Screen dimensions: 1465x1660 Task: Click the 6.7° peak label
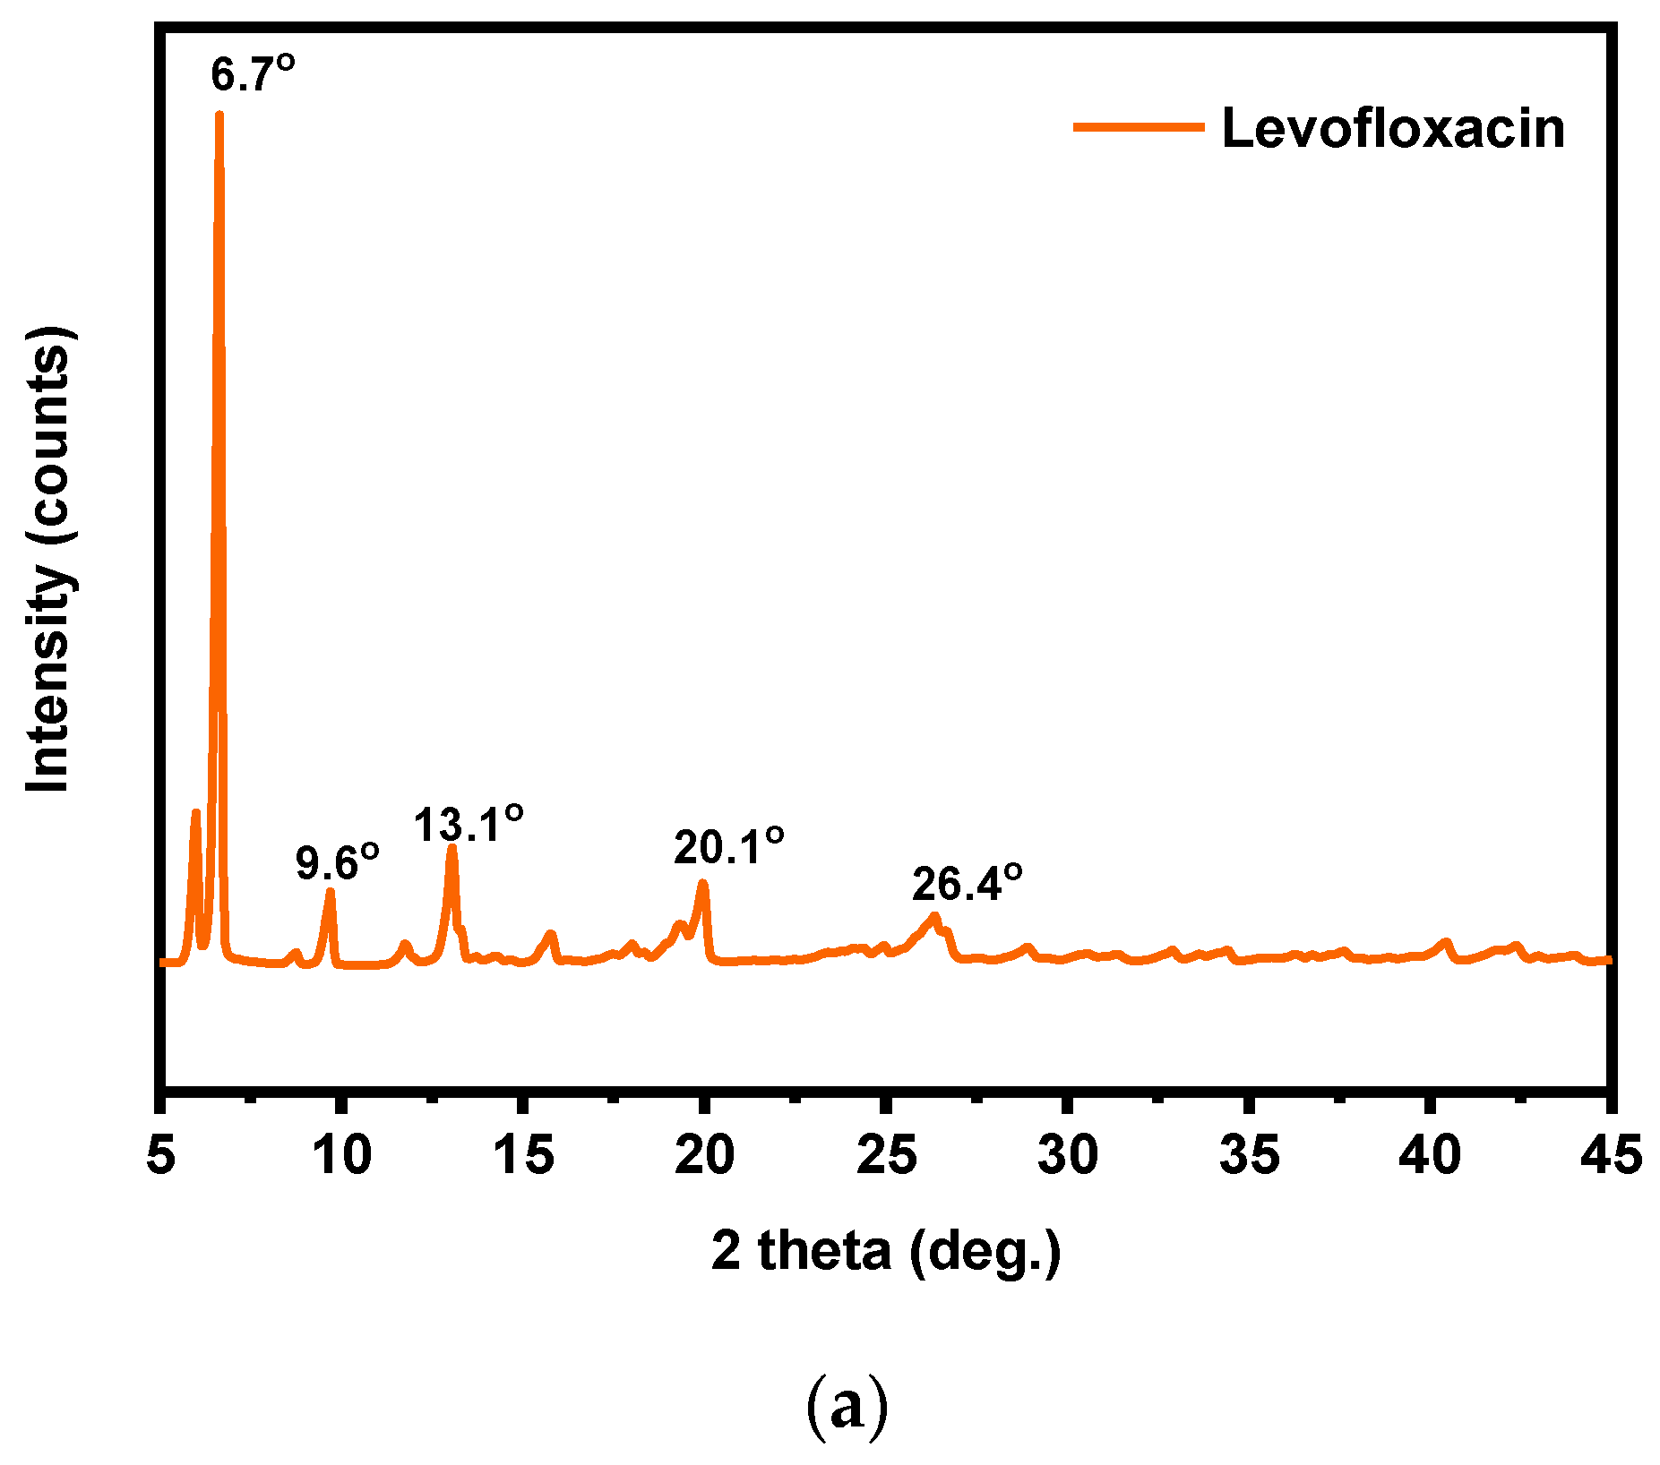click(253, 74)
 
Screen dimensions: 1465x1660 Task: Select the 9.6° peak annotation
click(338, 863)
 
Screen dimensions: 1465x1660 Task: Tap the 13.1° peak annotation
click(469, 824)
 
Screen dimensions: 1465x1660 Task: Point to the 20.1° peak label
click(729, 847)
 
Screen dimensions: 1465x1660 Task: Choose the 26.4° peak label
click(968, 885)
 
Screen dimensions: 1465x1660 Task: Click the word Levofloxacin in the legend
click(1393, 128)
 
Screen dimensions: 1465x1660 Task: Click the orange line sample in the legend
click(1139, 127)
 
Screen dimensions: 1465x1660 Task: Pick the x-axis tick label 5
click(160, 1155)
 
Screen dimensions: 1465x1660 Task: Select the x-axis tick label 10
click(341, 1155)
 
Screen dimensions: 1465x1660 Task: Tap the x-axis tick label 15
click(523, 1155)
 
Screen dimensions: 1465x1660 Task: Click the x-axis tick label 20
click(705, 1155)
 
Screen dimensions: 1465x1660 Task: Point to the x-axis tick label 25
click(887, 1155)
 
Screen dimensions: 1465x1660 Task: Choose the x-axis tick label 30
click(1068, 1155)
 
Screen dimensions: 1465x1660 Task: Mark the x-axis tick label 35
click(1250, 1155)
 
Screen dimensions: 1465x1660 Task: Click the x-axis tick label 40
click(1431, 1155)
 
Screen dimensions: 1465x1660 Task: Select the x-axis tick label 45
click(1611, 1155)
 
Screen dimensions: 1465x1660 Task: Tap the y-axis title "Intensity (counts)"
click(49, 561)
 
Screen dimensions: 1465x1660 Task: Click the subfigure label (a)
click(847, 1407)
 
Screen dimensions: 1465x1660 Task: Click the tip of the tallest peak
click(219, 114)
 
